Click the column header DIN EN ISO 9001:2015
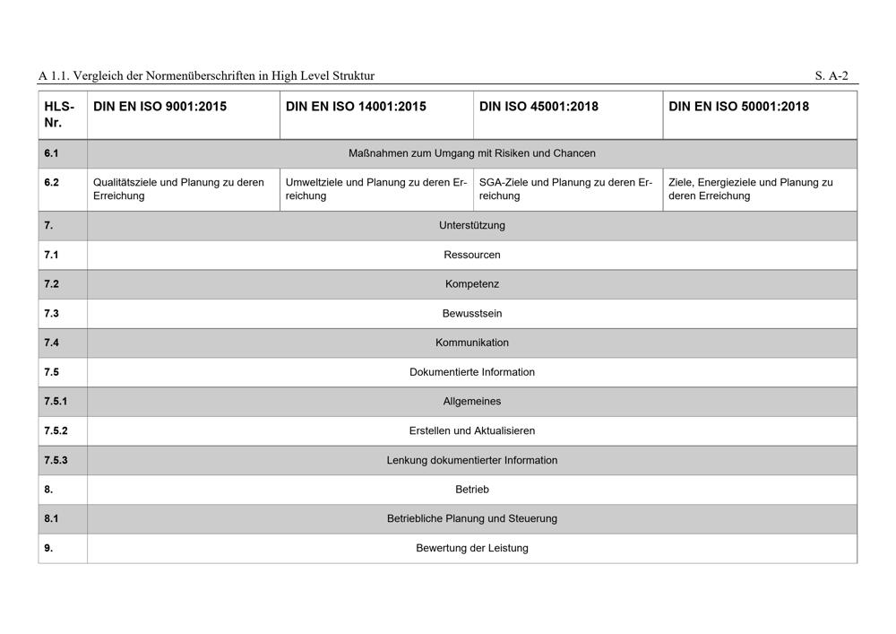click(x=159, y=107)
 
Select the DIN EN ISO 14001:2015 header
click(x=356, y=107)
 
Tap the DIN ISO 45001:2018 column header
click(x=545, y=107)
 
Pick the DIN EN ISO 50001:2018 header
click(x=738, y=107)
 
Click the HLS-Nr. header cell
click(x=59, y=114)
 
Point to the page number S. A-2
click(x=831, y=76)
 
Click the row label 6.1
click(x=52, y=153)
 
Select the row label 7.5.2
click(x=56, y=430)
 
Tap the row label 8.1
click(x=52, y=518)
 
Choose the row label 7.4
click(x=52, y=343)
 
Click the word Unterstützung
click(x=472, y=226)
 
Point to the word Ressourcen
click(x=472, y=255)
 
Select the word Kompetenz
click(x=472, y=284)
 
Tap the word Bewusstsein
click(x=472, y=314)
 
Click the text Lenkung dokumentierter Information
click(x=472, y=460)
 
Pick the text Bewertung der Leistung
click(x=472, y=548)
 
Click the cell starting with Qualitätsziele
click(x=178, y=188)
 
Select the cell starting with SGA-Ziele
click(x=565, y=188)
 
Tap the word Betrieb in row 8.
click(x=472, y=490)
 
